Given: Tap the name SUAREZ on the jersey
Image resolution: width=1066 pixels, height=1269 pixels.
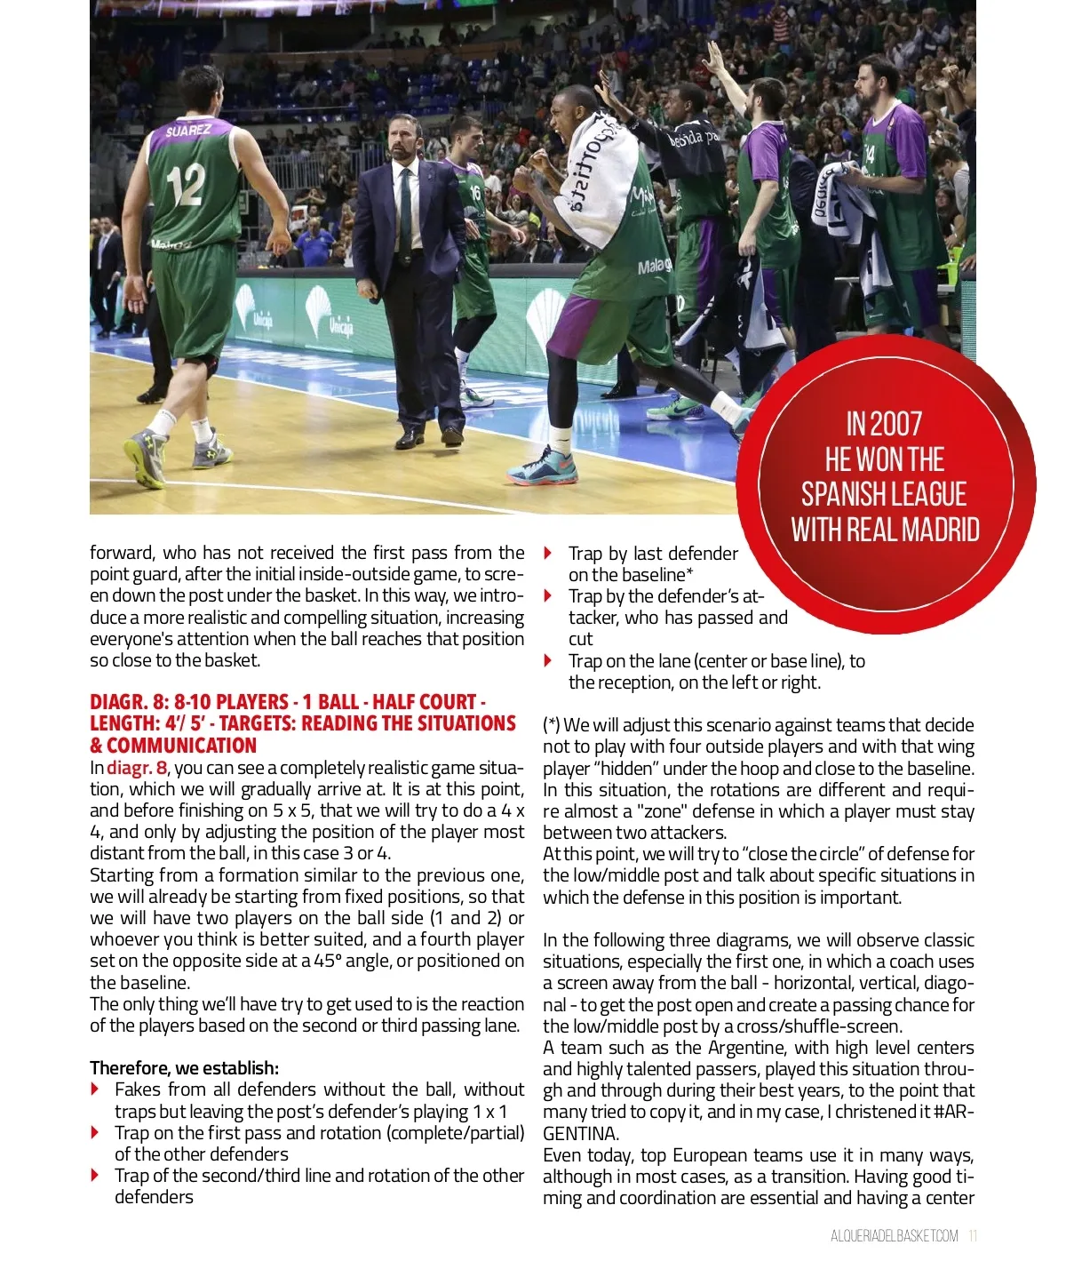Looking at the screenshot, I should (188, 132).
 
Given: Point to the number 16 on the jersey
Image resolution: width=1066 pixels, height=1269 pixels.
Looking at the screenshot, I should (475, 192).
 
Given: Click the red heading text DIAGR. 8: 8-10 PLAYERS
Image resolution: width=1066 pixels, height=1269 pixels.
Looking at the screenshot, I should (188, 702).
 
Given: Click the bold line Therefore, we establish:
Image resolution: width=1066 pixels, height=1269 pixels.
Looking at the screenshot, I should (184, 1068).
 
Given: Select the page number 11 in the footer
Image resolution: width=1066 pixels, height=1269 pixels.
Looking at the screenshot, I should (973, 1236).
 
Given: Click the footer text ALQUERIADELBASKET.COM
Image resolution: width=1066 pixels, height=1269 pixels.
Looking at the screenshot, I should (894, 1236).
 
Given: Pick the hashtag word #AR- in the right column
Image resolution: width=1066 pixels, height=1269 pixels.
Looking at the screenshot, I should (954, 1113).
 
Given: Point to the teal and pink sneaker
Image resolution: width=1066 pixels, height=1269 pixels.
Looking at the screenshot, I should (542, 467).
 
